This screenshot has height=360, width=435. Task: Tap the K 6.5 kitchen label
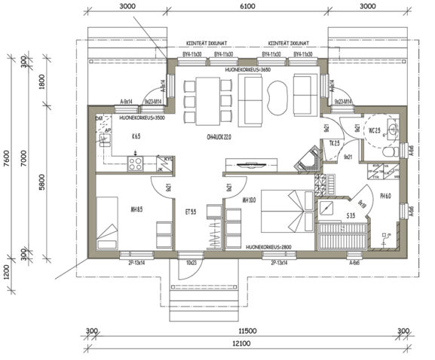pyautogui.click(x=136, y=137)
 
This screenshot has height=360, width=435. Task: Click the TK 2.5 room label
pyautogui.click(x=335, y=143)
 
